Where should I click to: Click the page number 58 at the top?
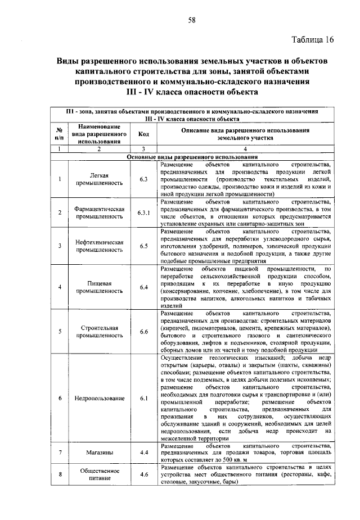coord(191,20)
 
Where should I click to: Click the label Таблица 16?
coord(313,39)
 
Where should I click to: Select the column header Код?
coord(143,134)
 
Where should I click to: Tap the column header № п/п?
coord(59,134)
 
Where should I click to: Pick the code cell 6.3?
coord(143,179)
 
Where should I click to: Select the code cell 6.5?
coord(143,246)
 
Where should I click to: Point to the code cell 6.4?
coord(143,287)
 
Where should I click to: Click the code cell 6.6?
coord(143,332)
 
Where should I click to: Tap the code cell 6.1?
coord(143,399)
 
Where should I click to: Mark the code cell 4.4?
coord(143,452)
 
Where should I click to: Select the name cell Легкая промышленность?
coord(98,179)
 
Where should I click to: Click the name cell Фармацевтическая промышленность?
coord(98,212)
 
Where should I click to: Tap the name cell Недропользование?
coord(98,399)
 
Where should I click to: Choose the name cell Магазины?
coord(98,452)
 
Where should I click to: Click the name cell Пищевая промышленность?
coord(98,287)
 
